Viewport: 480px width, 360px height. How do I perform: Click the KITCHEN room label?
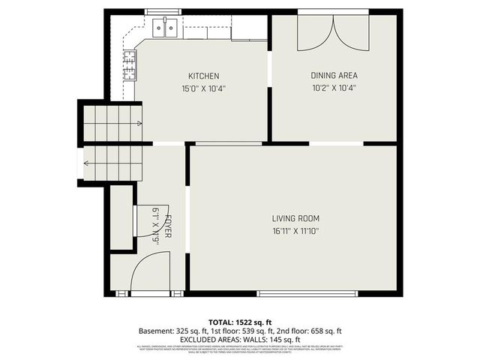tap(203, 76)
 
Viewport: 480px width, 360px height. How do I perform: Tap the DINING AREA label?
tap(334, 75)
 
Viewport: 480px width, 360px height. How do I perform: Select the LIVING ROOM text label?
tap(296, 218)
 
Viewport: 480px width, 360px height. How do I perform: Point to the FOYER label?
tap(169, 226)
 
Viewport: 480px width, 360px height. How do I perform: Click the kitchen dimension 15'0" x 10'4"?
tap(203, 88)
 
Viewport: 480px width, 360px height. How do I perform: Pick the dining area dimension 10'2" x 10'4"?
tap(334, 87)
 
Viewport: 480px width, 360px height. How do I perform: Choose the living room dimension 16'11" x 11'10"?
tap(296, 231)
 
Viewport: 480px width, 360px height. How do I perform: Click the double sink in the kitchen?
tap(166, 28)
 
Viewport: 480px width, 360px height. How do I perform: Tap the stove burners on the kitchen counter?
tap(130, 64)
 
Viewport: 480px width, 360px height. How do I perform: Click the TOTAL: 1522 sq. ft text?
tap(240, 321)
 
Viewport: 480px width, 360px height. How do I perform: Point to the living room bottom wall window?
tap(307, 293)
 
